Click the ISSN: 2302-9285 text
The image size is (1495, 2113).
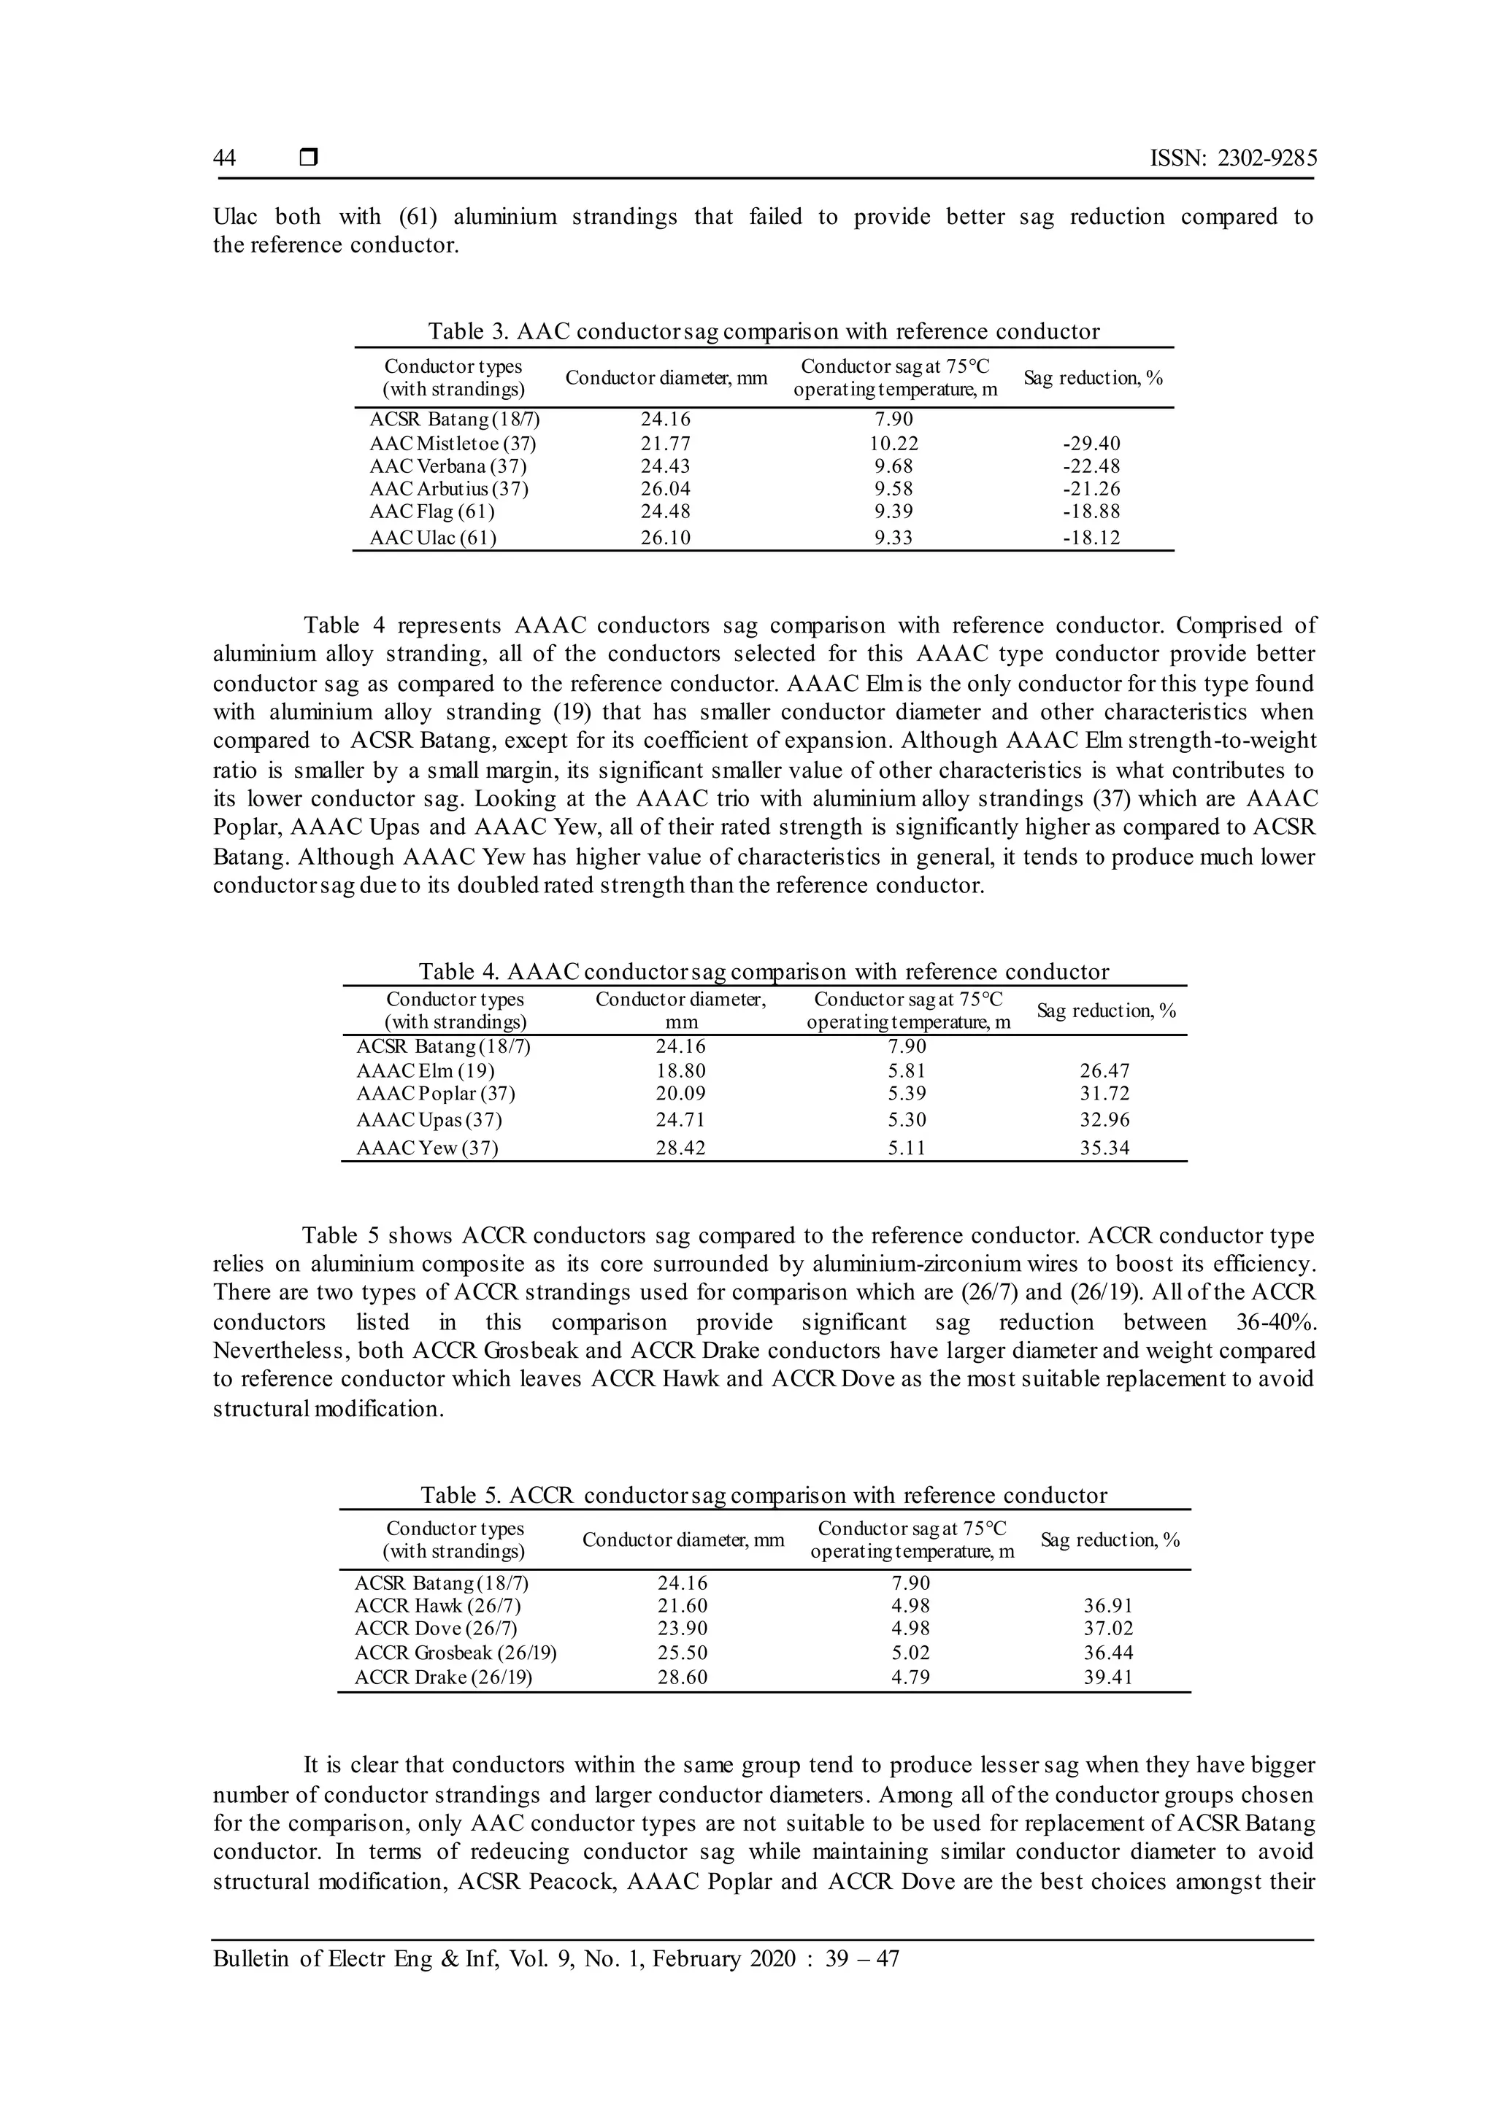tap(1233, 158)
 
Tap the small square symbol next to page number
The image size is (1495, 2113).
tap(308, 158)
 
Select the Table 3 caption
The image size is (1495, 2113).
tap(763, 331)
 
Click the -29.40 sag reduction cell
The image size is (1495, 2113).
tap(1091, 444)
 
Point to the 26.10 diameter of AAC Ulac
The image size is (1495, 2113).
tap(666, 538)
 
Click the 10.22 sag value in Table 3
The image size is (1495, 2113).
tap(895, 444)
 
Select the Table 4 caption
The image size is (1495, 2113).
tap(763, 972)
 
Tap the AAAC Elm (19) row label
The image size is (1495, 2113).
tap(426, 1071)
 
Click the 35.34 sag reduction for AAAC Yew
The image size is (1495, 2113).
tap(1104, 1148)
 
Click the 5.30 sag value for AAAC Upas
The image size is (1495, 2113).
tap(907, 1121)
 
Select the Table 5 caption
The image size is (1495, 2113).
tap(763, 1496)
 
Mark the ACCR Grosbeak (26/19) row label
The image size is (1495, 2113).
tap(456, 1653)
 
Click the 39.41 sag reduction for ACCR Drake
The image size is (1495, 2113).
tap(1107, 1677)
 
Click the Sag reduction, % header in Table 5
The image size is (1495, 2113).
tap(1110, 1540)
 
